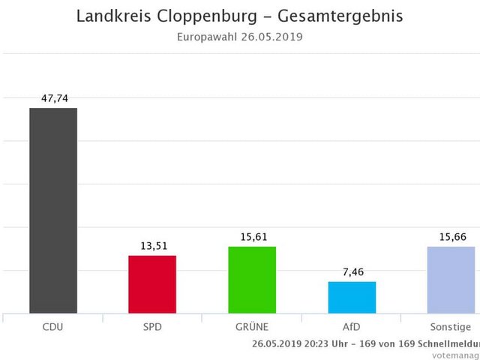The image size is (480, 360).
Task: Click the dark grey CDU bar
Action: pos(53,210)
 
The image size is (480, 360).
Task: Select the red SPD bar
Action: pos(152,284)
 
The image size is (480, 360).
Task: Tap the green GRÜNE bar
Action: pos(252,280)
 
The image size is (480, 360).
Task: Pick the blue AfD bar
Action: pos(352,297)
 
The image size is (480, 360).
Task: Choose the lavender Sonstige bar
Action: pos(451,280)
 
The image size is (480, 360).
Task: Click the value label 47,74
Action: pos(53,98)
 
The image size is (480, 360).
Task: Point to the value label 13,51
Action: pos(152,246)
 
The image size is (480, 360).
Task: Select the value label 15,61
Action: pos(252,237)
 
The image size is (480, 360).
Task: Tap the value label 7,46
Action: pos(352,272)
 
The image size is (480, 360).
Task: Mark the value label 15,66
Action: pos(451,237)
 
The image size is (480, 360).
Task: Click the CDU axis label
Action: pos(53,327)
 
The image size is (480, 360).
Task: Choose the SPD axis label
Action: pos(152,327)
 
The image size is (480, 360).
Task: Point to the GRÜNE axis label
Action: pos(252,327)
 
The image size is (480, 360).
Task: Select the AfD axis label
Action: pos(352,327)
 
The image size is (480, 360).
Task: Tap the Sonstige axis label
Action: pos(451,327)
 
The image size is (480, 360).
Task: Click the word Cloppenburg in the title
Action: pos(207,16)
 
